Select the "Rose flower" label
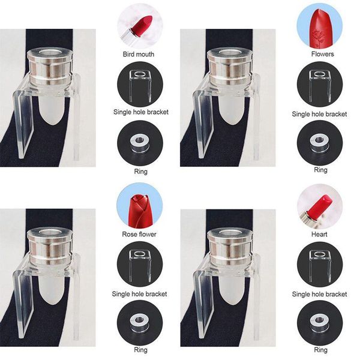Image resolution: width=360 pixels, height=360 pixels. tap(139, 234)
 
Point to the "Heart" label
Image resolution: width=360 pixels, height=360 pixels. tap(319, 234)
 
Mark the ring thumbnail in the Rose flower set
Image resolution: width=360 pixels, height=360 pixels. tap(139, 323)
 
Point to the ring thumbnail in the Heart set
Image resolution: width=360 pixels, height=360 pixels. tap(319, 323)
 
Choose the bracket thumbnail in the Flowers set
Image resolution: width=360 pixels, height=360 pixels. tap(319, 84)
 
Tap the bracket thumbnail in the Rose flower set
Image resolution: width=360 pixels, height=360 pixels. tap(139, 264)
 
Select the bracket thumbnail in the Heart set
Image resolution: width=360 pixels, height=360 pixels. tap(319, 264)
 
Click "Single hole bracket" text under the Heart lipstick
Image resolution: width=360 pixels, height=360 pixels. tap(319, 294)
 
